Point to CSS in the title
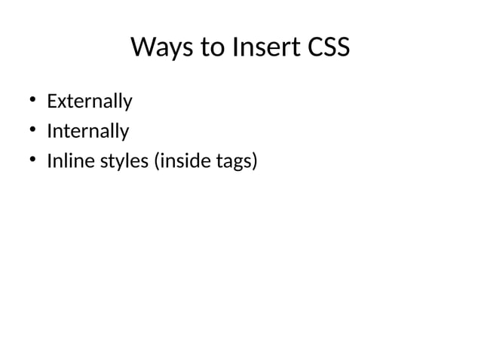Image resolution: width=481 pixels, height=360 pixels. (328, 48)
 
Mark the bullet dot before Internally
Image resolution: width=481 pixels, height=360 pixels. (33, 132)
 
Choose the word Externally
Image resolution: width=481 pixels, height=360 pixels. (89, 101)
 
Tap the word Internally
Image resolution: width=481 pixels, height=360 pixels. (87, 132)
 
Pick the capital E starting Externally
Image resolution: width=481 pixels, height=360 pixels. (51, 101)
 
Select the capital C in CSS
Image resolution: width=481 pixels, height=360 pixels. (311, 48)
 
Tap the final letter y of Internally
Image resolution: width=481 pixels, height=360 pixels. (124, 134)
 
